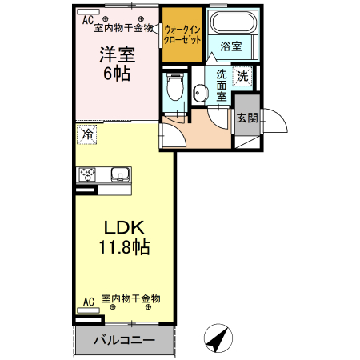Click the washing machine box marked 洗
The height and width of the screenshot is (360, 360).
242,76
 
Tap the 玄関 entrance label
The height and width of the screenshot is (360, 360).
246,118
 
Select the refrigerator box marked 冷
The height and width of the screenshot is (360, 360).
86,135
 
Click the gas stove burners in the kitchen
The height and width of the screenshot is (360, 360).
87,174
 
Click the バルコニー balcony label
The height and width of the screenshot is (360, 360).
123,340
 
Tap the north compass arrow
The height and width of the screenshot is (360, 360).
216,338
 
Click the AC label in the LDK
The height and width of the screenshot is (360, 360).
88,302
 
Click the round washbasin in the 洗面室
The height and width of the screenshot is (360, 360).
200,93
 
